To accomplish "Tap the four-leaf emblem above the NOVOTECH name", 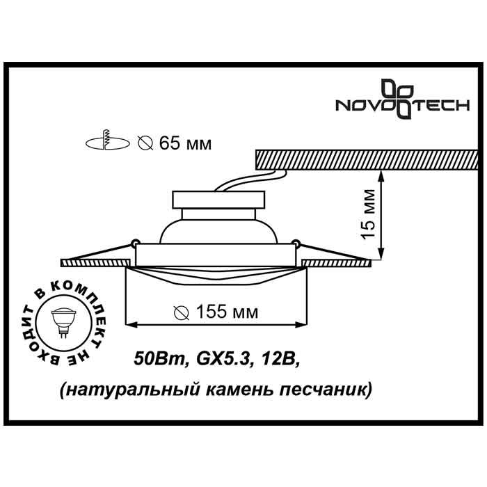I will click(x=399, y=90).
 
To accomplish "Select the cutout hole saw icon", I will click(x=106, y=142).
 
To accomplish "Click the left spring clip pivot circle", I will click(x=132, y=243).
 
